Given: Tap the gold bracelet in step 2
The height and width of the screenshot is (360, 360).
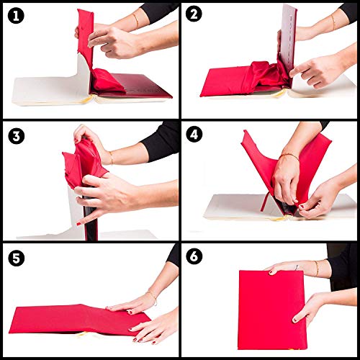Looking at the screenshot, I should coord(333,24).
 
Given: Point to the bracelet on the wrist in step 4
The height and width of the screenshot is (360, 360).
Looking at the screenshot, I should coord(289,155).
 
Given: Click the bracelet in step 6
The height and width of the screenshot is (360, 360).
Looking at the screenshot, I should coord(316,268).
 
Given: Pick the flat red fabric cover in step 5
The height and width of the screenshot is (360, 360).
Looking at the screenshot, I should coord(72,317).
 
